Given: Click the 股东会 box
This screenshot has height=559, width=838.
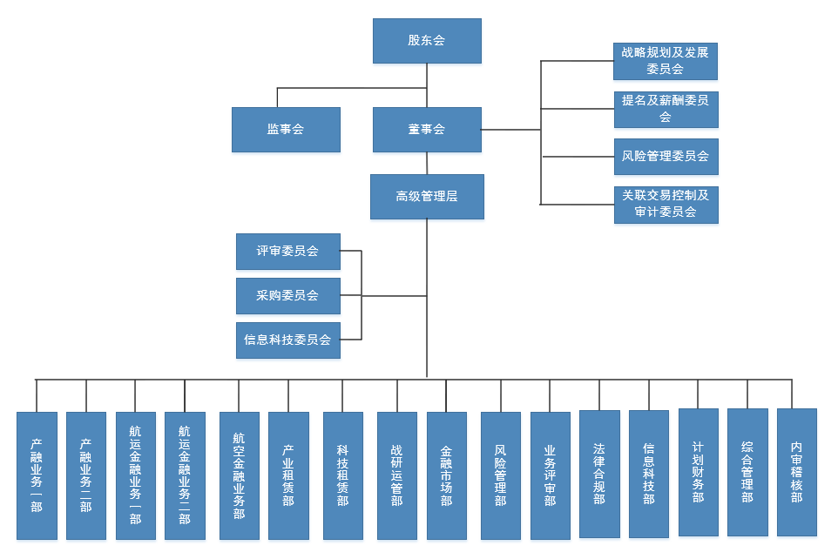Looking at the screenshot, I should point(427,41).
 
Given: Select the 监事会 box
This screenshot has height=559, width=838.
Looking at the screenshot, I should point(286,130).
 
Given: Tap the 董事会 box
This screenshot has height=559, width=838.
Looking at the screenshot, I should point(427,130).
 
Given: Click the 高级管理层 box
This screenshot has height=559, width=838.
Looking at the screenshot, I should point(427,197).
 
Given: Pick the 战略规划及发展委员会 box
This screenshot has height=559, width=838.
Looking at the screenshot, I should point(666,61).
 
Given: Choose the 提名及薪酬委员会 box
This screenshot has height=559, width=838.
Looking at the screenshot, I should point(666,109).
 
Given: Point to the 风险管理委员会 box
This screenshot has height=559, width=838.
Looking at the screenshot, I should point(666,157).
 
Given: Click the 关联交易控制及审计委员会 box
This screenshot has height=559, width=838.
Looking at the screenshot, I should point(666,205).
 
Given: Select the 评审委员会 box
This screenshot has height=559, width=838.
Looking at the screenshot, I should point(287,252).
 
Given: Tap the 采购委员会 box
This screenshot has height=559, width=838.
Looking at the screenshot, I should point(287,296).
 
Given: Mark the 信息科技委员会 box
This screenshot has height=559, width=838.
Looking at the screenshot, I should point(287,340).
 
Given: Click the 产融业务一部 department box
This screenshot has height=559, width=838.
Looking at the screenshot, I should point(37,475).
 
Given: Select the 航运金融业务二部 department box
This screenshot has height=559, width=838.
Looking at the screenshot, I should point(185,475).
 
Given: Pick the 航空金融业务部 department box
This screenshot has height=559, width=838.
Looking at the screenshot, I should point(239,475).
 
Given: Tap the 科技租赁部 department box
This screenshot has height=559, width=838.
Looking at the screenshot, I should point(342,475).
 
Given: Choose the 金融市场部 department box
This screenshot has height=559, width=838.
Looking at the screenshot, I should point(446,475).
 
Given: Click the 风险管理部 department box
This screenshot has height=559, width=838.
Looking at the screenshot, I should point(500,475).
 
